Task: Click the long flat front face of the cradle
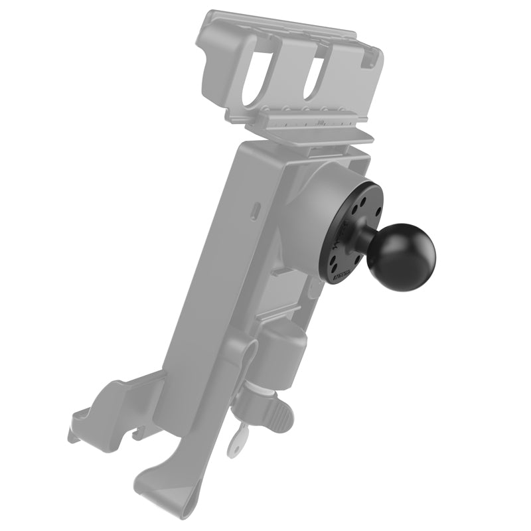point(199,299)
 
